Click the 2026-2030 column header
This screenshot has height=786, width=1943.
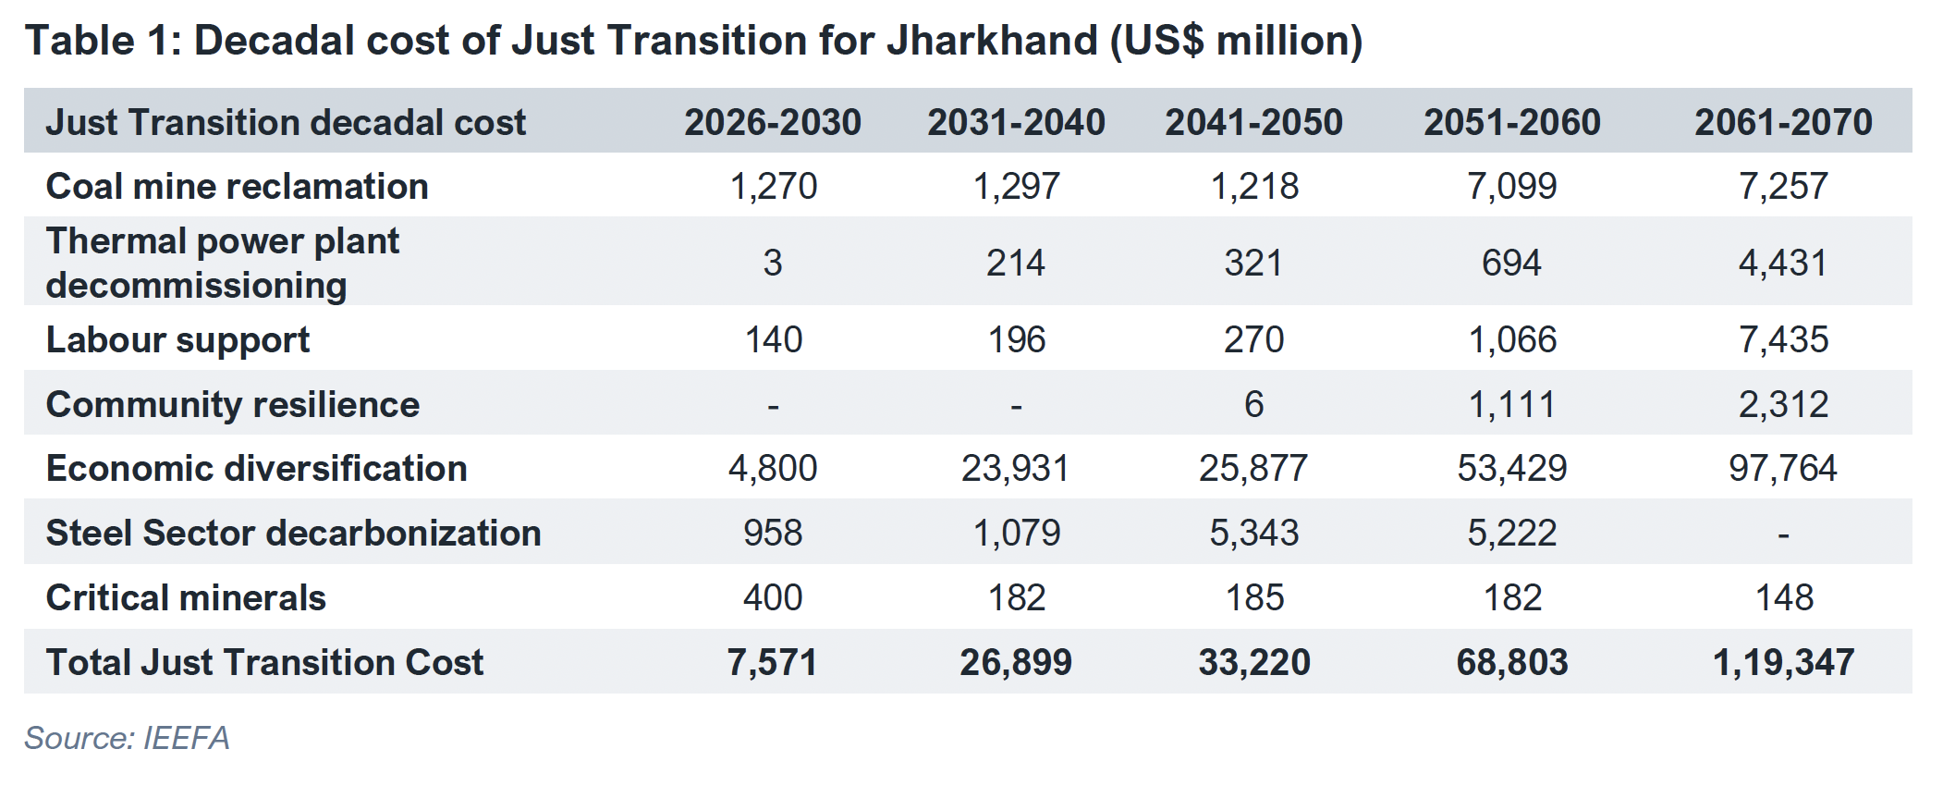[x=773, y=122]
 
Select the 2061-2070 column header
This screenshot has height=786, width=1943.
[x=1783, y=122]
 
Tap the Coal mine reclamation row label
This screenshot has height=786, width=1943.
[x=237, y=186]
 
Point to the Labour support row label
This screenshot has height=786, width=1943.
[x=177, y=339]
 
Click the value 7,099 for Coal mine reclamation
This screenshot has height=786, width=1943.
[x=1511, y=186]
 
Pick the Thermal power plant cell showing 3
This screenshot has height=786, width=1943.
[x=773, y=263]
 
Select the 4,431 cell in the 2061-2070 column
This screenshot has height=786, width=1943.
[x=1783, y=263]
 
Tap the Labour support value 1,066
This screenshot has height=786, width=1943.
[x=1512, y=339]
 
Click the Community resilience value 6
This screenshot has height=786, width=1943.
[x=1253, y=404]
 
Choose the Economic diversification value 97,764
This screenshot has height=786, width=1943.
[x=1783, y=468]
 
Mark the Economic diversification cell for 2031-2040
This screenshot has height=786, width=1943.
[x=1015, y=468]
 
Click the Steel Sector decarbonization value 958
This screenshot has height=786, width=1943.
[x=773, y=533]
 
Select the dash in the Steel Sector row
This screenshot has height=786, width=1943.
[x=1783, y=534]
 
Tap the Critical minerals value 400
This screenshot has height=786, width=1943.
[x=773, y=597]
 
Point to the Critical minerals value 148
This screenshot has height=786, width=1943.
[x=1783, y=597]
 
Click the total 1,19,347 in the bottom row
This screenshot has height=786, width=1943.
[x=1783, y=662]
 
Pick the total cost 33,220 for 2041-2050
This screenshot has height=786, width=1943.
[x=1254, y=662]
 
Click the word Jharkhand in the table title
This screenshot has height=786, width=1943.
[x=992, y=41]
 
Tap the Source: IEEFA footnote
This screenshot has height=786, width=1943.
[x=127, y=738]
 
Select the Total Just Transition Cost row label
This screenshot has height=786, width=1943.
[x=264, y=662]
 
